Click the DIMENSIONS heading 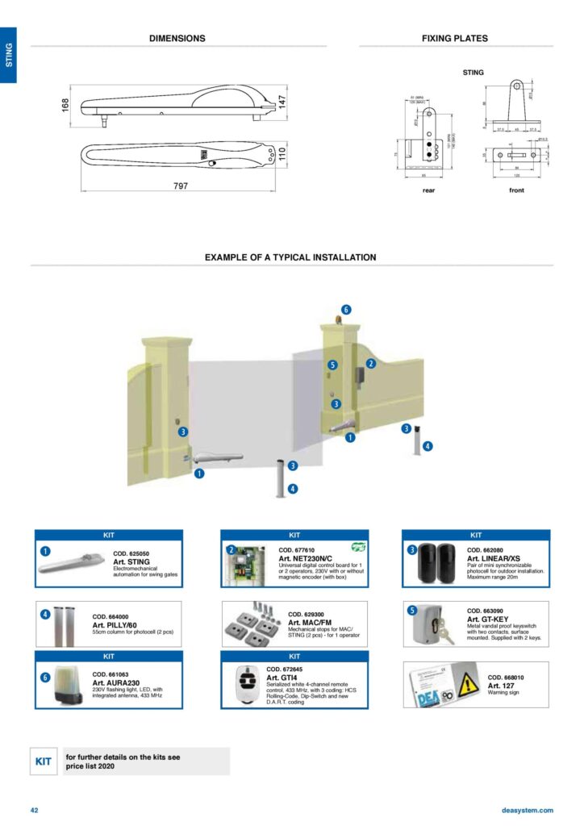(177, 38)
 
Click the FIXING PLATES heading (454, 38)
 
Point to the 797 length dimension (181, 186)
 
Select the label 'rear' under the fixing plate (428, 190)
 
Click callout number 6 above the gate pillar (346, 310)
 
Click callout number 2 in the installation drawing (370, 364)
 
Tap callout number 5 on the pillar (332, 365)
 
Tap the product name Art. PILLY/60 (119, 625)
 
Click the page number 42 (35, 810)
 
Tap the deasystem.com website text (527, 810)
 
